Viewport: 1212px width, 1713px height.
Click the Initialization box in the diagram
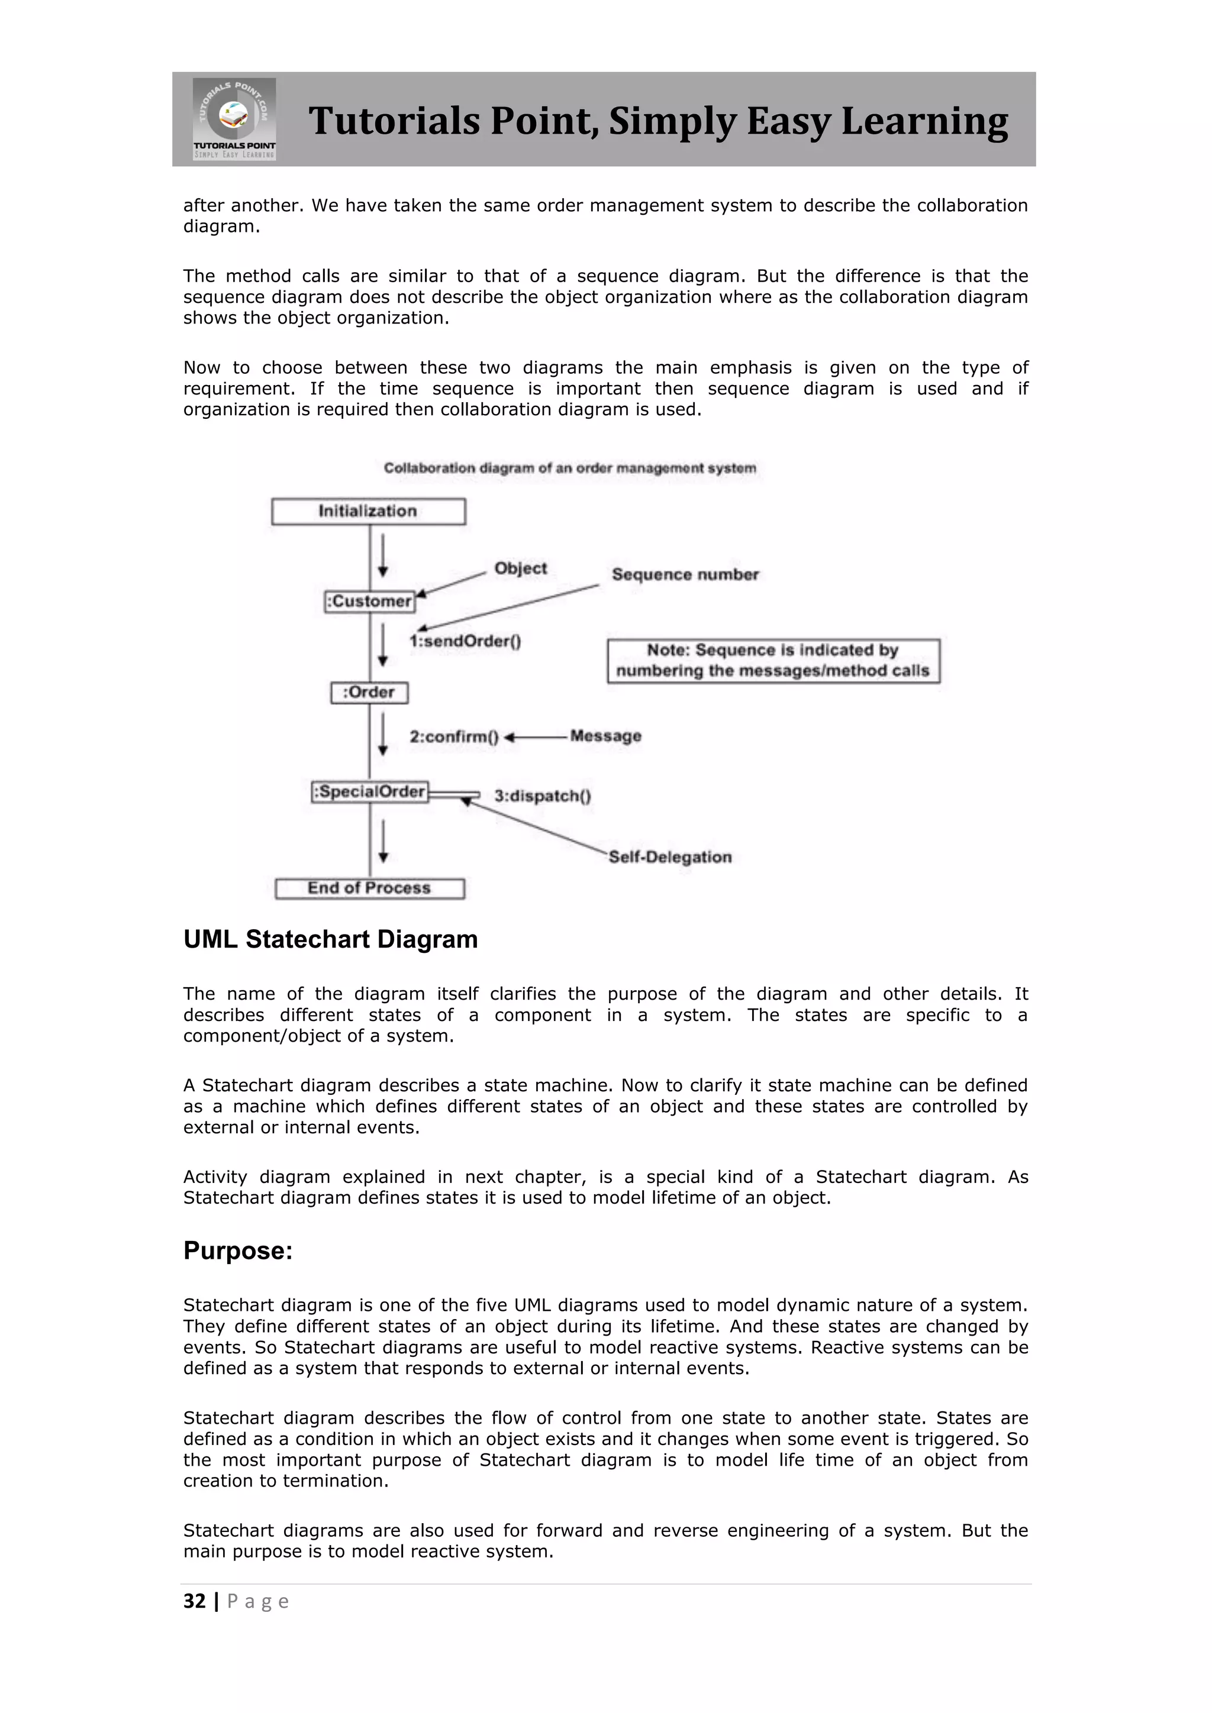[368, 512]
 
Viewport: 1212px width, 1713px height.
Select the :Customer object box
[370, 602]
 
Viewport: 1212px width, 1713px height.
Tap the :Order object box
[369, 693]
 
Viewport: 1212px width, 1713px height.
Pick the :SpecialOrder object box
[370, 791]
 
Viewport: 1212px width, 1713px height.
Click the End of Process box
[369, 888]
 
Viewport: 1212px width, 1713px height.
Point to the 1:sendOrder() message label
[465, 641]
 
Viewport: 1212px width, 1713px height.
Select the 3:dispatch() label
[543, 796]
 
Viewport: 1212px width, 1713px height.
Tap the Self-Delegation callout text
[669, 856]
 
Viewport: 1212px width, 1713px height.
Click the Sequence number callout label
[685, 574]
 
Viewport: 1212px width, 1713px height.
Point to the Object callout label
[520, 568]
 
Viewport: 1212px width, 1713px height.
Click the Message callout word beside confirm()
[605, 736]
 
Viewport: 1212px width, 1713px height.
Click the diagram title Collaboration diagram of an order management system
[569, 468]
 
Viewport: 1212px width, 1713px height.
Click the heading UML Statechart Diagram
[331, 939]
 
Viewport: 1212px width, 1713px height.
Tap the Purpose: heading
[238, 1250]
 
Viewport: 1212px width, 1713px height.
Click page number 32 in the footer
[194, 1602]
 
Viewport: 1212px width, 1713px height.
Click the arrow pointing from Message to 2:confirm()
[535, 737]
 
